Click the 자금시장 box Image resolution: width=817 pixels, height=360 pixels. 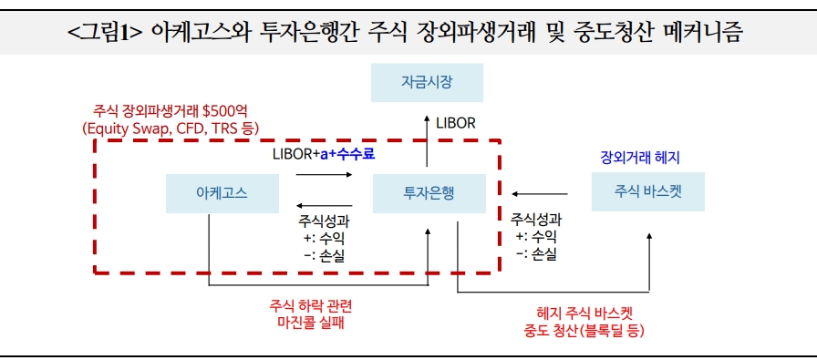click(427, 83)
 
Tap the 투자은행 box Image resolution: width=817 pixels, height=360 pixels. click(429, 193)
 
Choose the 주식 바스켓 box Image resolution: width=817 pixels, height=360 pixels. click(647, 193)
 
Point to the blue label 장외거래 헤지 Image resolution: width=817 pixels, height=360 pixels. click(639, 158)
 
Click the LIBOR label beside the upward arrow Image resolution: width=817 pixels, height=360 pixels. click(456, 122)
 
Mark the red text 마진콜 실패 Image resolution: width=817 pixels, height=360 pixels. click(308, 322)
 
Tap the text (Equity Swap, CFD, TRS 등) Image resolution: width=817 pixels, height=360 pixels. click(171, 129)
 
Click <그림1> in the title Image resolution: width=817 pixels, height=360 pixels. click(102, 34)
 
